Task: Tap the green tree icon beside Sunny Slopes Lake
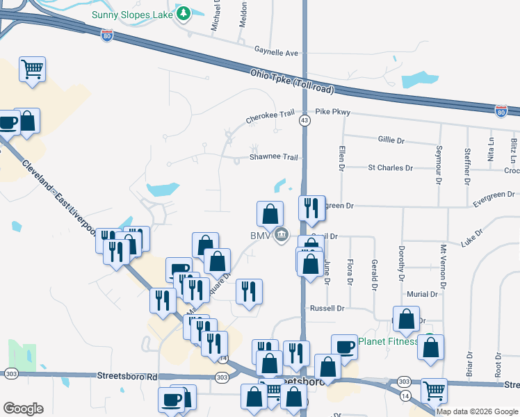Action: tap(184, 14)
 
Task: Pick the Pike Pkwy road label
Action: tap(333, 112)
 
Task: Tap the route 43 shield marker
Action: tap(304, 121)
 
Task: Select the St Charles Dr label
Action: tap(390, 167)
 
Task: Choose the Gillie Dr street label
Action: tap(391, 140)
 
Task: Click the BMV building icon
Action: tap(281, 235)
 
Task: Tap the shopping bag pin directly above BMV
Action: tap(270, 213)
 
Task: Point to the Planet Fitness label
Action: tap(388, 341)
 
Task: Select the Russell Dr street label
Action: tap(327, 308)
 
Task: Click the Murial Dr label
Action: tap(423, 294)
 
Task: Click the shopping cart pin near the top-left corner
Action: tap(32, 69)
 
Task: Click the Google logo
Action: tap(23, 409)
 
